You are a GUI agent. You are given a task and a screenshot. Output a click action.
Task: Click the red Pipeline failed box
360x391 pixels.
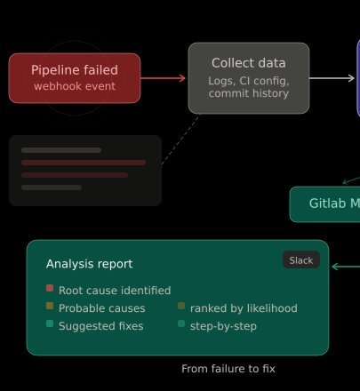pos(75,78)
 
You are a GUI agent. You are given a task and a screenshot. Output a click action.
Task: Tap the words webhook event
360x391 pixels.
pos(75,86)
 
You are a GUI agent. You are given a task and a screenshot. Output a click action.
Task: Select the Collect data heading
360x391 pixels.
pos(249,63)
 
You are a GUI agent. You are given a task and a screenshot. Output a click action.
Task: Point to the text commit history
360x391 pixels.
pos(249,93)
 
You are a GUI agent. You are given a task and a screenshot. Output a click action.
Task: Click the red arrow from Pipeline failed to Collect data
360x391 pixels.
pos(163,78)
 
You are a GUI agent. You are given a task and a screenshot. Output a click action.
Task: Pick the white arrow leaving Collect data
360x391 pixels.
pos(332,78)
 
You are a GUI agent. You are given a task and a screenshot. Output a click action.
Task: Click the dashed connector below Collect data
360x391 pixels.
pos(180,140)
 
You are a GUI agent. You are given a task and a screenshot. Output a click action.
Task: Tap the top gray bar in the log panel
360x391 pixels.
pos(61,150)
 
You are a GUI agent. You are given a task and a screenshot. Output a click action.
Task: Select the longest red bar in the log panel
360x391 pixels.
pos(84,163)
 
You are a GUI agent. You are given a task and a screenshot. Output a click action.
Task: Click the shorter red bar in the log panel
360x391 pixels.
pos(75,175)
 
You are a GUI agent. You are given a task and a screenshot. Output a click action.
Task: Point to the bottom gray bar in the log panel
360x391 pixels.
pos(52,188)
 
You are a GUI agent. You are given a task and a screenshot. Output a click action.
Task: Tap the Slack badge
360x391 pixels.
pos(301,260)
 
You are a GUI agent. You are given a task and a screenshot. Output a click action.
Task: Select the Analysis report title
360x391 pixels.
pos(89,264)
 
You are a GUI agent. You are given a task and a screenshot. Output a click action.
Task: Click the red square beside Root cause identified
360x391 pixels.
pos(50,288)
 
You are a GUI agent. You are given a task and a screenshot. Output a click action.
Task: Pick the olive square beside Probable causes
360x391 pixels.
pos(50,306)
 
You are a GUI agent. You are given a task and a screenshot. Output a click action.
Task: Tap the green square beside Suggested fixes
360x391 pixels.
pos(50,323)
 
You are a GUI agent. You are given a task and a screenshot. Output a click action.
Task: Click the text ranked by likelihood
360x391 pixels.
pos(244,308)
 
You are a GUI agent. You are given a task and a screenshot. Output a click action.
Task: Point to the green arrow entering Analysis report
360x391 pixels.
pos(346,267)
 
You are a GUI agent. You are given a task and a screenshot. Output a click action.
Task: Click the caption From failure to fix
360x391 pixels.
pos(228,369)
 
